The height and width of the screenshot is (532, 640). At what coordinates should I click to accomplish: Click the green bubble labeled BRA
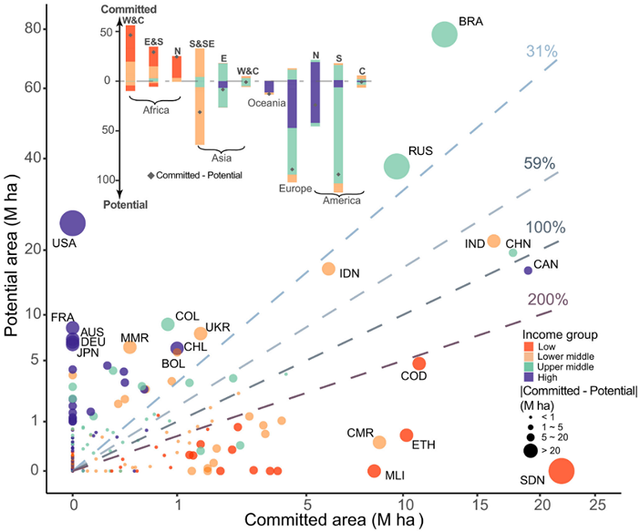point(444,34)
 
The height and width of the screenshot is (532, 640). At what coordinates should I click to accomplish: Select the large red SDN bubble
point(561,471)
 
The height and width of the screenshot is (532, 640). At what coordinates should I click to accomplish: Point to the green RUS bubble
point(397,166)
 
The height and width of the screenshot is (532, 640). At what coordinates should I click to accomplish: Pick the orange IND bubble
point(493,241)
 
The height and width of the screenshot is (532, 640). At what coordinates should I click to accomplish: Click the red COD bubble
point(419,363)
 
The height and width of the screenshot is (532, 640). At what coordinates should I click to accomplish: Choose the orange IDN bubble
point(328,269)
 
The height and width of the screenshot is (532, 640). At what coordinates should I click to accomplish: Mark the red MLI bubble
point(374,471)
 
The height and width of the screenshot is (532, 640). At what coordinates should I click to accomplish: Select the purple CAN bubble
point(528,271)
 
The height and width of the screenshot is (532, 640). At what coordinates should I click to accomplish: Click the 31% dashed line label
point(541,52)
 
